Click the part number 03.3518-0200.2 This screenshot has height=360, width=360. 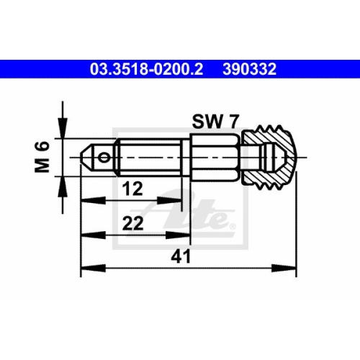tap(146, 69)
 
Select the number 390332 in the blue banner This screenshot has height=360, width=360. tap(250, 69)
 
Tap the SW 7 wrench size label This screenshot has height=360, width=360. tap(215, 122)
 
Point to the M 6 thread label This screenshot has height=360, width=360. tap(42, 157)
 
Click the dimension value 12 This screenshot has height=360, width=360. tap(132, 189)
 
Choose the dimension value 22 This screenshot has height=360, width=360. tap(132, 223)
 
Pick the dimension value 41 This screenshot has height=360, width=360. tap(181, 256)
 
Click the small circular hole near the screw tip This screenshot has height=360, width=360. tap(104, 158)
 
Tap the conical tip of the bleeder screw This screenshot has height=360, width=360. tap(85, 158)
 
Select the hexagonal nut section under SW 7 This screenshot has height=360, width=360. tap(216, 158)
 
